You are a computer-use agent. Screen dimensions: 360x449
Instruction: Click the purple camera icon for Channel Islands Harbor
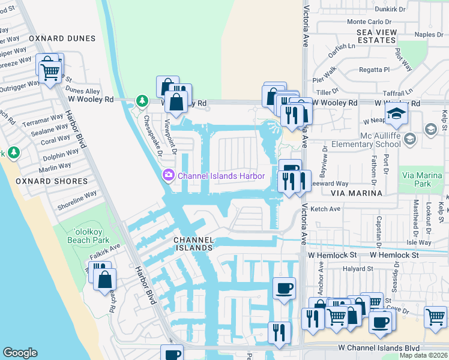pyautogui.click(x=168, y=175)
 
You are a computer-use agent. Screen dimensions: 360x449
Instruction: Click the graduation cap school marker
pyautogui.click(x=397, y=114)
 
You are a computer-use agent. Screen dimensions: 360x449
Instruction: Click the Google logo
pyautogui.click(x=20, y=353)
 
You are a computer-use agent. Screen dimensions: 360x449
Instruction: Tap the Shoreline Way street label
pyautogui.click(x=77, y=200)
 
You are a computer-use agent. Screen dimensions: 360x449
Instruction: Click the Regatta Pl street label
pyautogui.click(x=374, y=70)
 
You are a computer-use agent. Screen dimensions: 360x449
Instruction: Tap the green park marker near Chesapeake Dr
pyautogui.click(x=142, y=101)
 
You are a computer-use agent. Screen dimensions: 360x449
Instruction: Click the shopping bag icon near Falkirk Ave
pyautogui.click(x=105, y=279)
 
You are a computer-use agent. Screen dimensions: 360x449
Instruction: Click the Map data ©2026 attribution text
pyautogui.click(x=423, y=355)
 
